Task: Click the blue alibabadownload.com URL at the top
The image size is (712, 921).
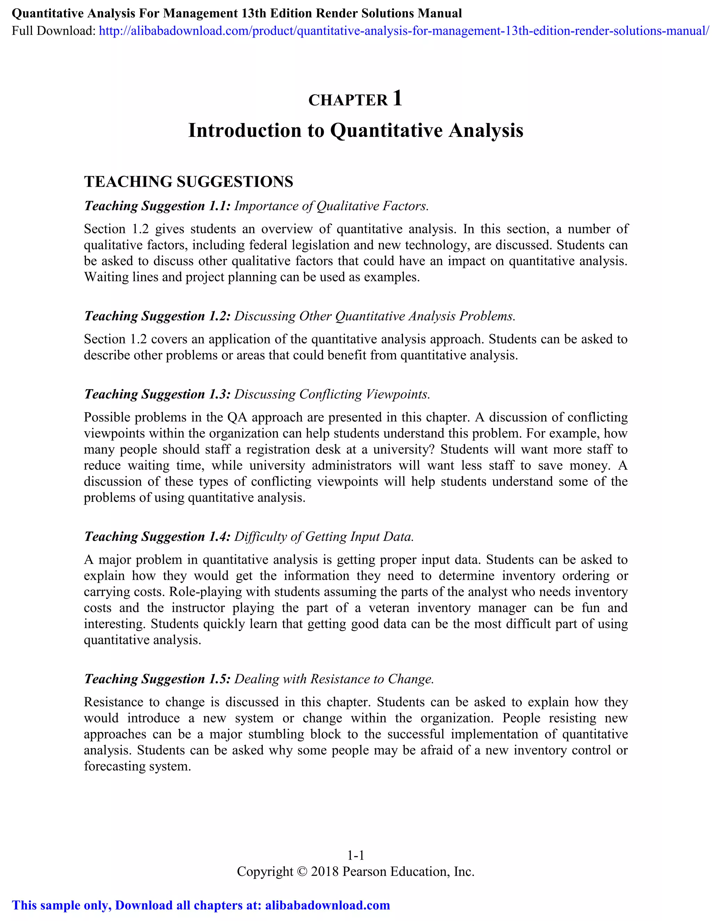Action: pyautogui.click(x=404, y=31)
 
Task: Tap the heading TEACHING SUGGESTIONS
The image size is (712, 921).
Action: pyautogui.click(x=188, y=182)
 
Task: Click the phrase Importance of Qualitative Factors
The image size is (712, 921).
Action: pyautogui.click(x=331, y=206)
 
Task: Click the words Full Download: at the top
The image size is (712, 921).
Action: pyautogui.click(x=54, y=31)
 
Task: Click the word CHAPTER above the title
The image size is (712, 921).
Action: pyautogui.click(x=348, y=100)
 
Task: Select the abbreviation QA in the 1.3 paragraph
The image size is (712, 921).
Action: pyautogui.click(x=237, y=417)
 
